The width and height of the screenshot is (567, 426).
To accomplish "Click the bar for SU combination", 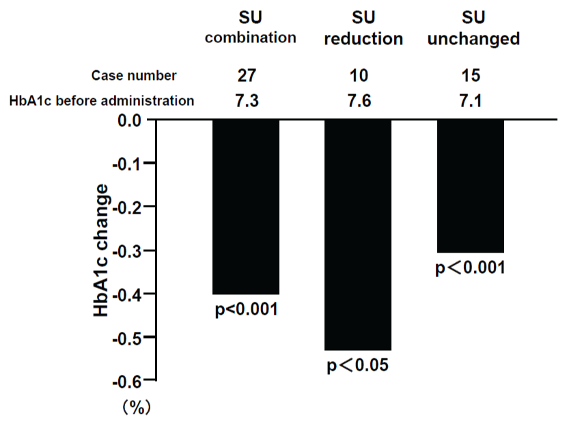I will (246, 207).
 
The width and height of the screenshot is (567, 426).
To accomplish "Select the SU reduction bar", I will (358, 235).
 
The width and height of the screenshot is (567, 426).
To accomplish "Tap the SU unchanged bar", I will (470, 186).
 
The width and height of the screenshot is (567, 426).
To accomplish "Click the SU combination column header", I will (251, 27).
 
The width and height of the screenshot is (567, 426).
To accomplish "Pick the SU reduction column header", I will (363, 29).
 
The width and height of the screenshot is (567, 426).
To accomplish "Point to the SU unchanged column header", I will (473, 29).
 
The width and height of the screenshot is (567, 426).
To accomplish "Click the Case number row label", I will (134, 75).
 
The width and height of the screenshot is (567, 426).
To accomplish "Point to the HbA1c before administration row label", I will (102, 101).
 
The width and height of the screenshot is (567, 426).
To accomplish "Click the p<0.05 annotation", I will (358, 366).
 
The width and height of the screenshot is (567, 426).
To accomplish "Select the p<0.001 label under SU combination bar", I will (247, 310).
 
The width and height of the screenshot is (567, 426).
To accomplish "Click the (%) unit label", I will (137, 408).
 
